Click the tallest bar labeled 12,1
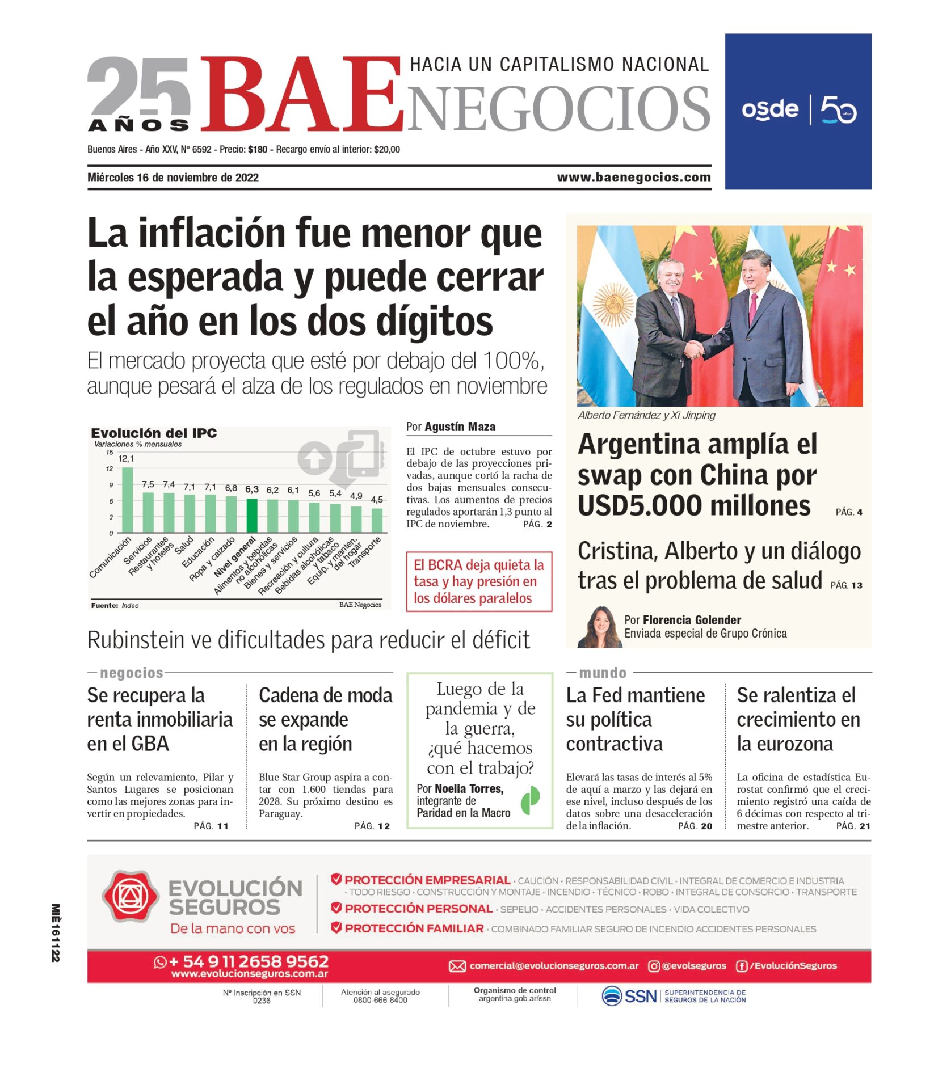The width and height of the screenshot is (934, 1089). (x=128, y=500)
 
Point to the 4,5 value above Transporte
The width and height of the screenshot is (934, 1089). (x=377, y=500)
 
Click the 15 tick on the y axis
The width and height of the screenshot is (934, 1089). (x=109, y=453)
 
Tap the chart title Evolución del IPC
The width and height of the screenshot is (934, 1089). (x=154, y=433)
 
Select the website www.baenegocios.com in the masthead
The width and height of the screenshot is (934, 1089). (x=633, y=178)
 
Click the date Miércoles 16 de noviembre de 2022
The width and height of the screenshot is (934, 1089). (x=173, y=178)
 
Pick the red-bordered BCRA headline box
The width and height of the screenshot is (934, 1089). (x=479, y=581)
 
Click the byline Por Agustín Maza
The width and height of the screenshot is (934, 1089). (x=451, y=427)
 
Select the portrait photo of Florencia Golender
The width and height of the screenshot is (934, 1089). (x=599, y=627)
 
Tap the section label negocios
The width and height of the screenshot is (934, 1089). (x=132, y=673)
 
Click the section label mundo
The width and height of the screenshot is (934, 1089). (x=603, y=673)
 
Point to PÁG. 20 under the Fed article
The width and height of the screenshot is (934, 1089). (x=695, y=826)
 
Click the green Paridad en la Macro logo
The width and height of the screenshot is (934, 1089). (x=530, y=800)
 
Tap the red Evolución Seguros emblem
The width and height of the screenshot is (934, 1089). (x=130, y=896)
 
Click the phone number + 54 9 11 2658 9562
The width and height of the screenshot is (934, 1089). (x=249, y=961)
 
